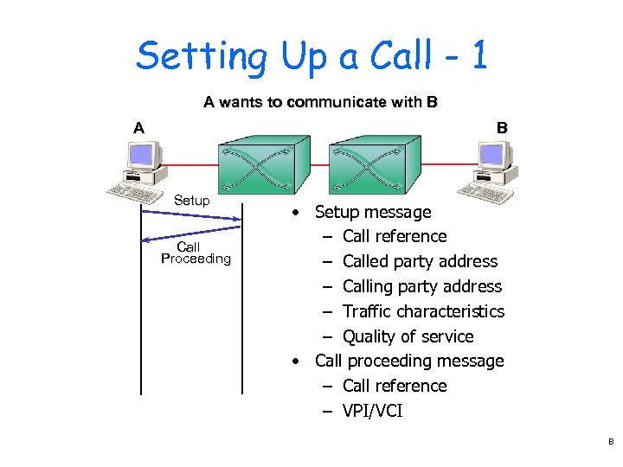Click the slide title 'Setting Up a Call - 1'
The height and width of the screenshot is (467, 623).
click(311, 57)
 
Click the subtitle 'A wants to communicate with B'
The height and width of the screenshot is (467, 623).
click(320, 102)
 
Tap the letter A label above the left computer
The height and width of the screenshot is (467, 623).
click(138, 128)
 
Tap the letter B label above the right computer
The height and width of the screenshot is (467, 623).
click(502, 128)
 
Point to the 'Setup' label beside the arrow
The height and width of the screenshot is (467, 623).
click(191, 201)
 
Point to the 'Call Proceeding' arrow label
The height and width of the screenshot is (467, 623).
click(196, 253)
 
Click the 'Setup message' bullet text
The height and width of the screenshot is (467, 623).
click(372, 212)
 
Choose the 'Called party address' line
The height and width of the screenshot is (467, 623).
click(420, 261)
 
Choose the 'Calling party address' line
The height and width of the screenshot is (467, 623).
click(421, 286)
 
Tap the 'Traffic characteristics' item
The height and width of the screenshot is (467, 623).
click(423, 311)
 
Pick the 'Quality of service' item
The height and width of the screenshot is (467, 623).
click(408, 336)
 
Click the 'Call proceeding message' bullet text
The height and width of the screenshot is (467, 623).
click(408, 361)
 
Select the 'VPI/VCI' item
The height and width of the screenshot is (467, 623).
click(372, 411)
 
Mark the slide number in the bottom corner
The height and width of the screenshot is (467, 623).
click(610, 442)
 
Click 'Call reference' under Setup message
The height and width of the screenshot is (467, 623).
click(395, 236)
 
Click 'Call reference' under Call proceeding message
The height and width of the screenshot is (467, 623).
click(395, 386)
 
